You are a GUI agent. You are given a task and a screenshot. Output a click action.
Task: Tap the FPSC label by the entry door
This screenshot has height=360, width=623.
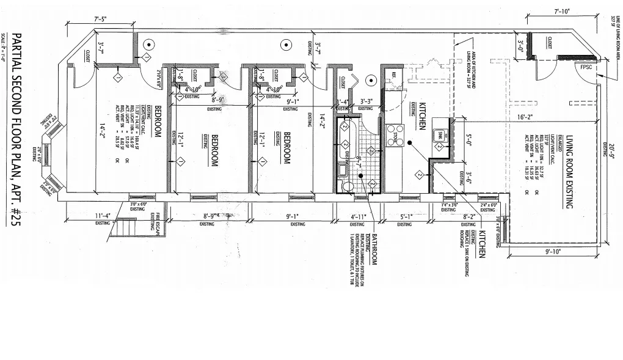tap(587, 67)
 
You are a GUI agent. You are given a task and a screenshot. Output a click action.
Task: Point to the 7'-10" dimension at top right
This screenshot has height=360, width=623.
tap(561, 12)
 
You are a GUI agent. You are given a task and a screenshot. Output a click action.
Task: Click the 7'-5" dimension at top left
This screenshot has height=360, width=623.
tap(101, 19)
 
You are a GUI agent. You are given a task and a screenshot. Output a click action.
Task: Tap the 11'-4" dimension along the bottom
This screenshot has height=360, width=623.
tap(102, 215)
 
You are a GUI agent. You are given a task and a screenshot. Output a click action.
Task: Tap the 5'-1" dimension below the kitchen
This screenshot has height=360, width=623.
tap(406, 216)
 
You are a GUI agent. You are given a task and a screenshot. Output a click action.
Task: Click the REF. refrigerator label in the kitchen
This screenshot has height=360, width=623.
tap(394, 77)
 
